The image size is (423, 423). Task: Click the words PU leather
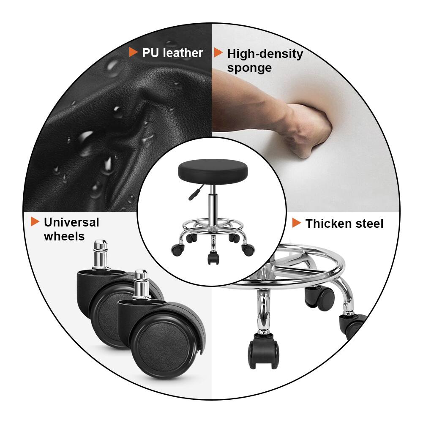[172, 53]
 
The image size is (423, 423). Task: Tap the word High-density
[265, 54]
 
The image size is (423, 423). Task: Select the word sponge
[249, 68]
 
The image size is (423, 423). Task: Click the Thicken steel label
[344, 224]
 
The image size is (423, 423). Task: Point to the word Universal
[71, 222]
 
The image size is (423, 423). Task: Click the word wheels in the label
[64, 236]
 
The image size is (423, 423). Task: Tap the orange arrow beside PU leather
[134, 52]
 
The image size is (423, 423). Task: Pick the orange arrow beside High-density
[218, 53]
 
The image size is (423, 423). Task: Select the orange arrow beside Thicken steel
[297, 223]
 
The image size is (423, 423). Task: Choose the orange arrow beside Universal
[35, 221]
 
